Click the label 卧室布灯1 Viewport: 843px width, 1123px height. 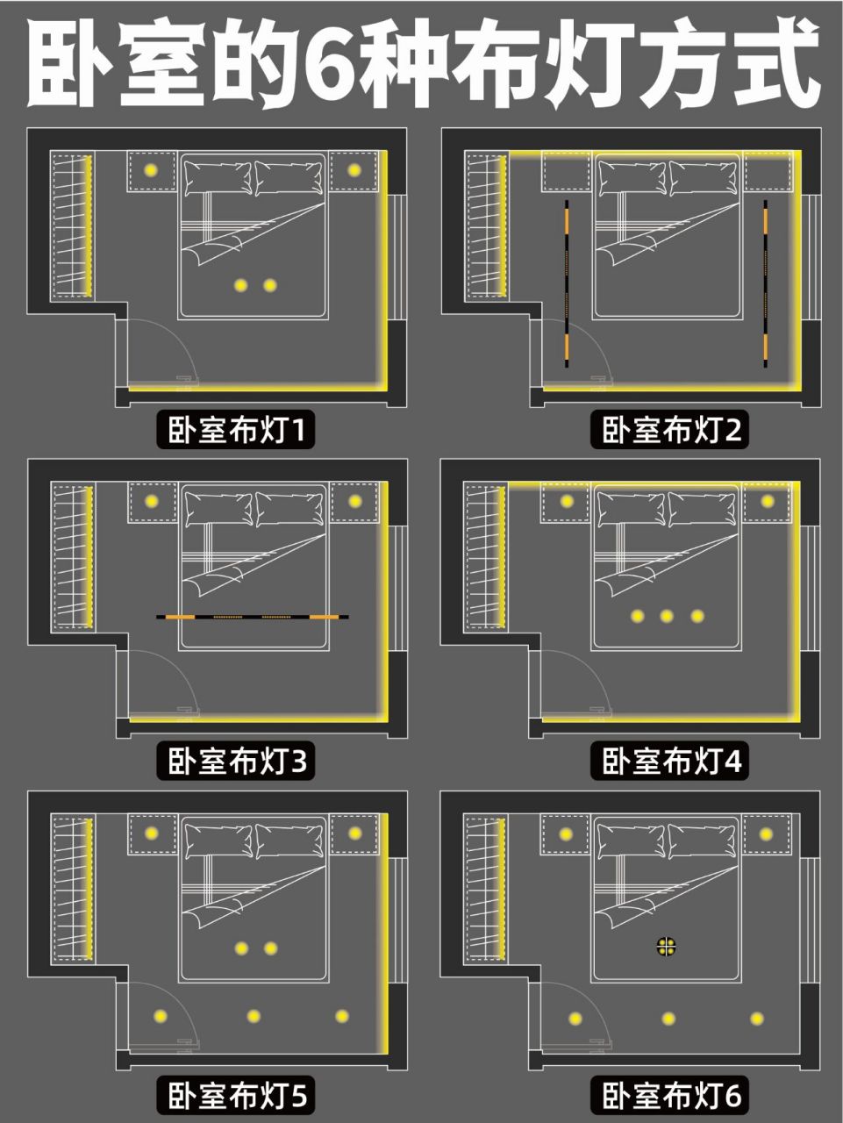click(236, 430)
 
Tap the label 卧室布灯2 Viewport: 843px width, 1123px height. click(670, 430)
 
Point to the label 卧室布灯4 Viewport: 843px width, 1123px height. click(670, 762)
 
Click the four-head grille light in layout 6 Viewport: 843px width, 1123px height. click(667, 947)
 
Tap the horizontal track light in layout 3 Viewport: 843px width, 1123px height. click(253, 617)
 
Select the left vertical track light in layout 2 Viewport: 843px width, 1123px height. click(567, 283)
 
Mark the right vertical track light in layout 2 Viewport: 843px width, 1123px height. click(765, 283)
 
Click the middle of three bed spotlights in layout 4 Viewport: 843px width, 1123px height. click(667, 616)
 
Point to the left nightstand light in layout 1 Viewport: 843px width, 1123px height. click(150, 170)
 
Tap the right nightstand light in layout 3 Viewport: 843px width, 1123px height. click(355, 501)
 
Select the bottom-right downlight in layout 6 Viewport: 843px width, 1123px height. click(757, 1018)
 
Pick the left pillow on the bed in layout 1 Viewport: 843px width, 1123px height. click(218, 177)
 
